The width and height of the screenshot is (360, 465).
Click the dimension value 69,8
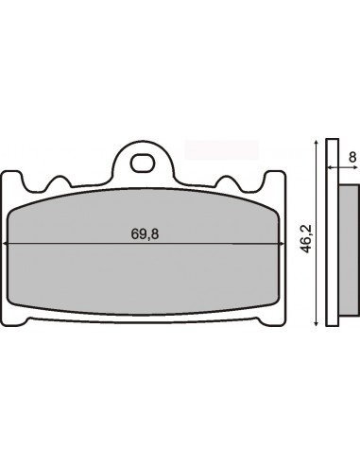(145, 234)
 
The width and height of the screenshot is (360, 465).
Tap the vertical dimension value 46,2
(305, 238)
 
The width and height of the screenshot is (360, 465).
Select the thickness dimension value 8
(353, 157)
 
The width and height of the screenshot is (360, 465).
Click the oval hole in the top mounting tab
(143, 164)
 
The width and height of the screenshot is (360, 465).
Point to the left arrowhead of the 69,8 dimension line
(4, 244)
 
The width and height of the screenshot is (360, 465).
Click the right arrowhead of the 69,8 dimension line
(283, 244)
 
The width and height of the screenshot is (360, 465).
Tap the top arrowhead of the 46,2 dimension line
(316, 141)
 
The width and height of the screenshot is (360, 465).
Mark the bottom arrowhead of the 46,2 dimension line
(316, 323)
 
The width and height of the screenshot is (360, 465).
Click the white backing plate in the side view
(333, 232)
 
